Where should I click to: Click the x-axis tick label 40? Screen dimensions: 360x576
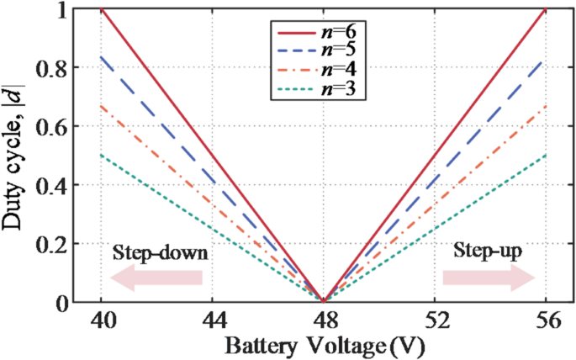tap(101, 320)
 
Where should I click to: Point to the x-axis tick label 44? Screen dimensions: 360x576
tap(212, 320)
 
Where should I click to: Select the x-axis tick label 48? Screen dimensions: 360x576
tap(323, 320)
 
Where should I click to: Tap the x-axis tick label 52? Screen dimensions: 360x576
tap(434, 320)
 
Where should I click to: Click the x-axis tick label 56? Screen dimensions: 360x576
tap(546, 320)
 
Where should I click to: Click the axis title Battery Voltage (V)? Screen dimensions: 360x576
tap(323, 345)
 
